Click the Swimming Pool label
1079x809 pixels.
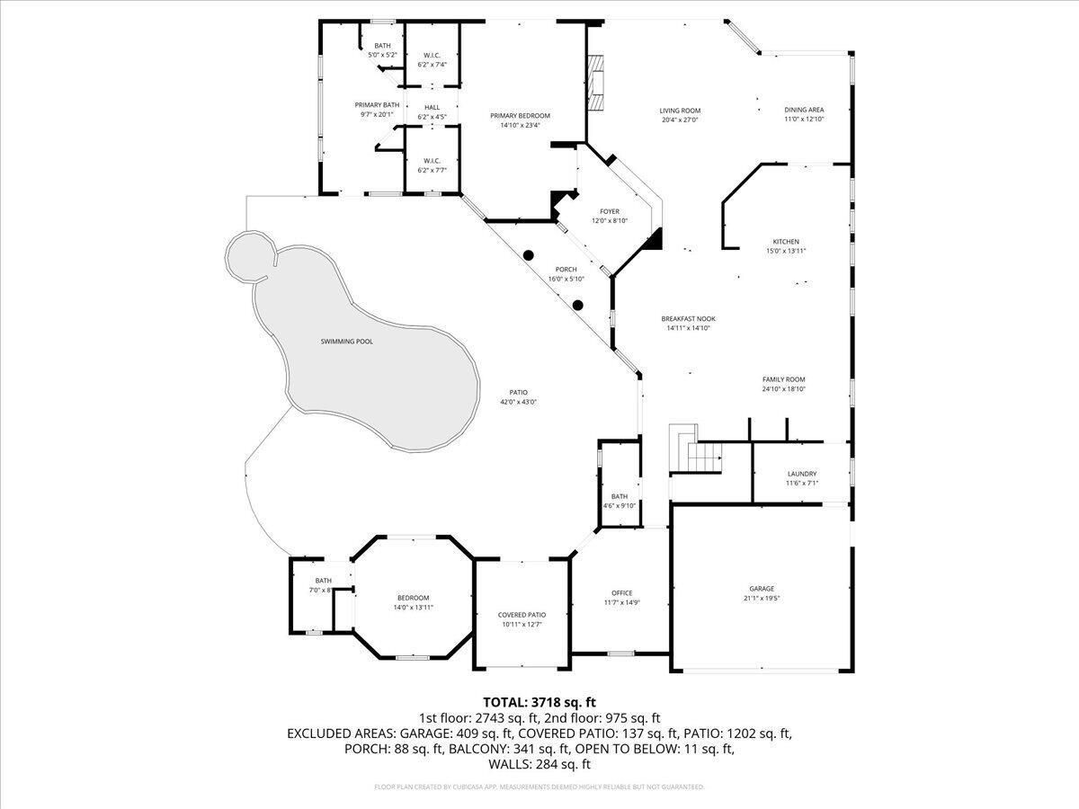point(346,342)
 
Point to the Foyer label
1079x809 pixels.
point(610,211)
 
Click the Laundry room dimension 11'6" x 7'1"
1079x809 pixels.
point(801,483)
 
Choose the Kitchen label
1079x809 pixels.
point(786,242)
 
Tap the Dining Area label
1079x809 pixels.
point(804,110)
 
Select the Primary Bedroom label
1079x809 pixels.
point(520,115)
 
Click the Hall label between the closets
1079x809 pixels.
point(432,107)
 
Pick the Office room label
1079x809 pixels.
point(621,592)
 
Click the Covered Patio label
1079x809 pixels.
point(522,615)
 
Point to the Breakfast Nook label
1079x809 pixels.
point(688,318)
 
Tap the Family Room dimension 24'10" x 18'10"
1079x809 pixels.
point(783,389)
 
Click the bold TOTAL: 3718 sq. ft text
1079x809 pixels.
point(539,702)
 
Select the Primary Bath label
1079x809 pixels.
point(377,105)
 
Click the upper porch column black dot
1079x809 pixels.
point(530,255)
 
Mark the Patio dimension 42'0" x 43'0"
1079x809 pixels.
point(518,402)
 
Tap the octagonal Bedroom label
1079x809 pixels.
point(414,598)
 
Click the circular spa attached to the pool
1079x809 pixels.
point(247,254)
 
